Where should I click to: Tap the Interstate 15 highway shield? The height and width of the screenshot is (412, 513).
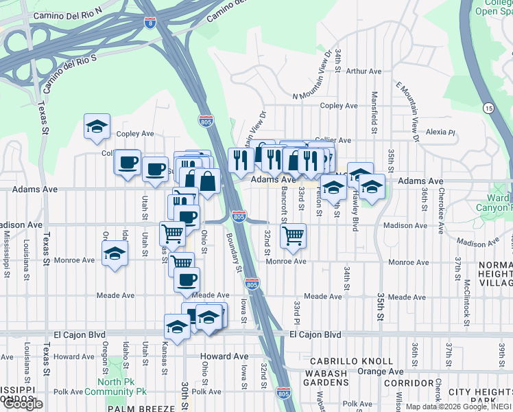(488, 108)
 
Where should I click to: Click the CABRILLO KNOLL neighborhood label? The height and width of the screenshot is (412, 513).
(350, 361)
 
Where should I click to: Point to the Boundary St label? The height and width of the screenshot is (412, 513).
(233, 252)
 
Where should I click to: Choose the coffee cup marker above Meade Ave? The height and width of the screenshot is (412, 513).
(187, 279)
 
